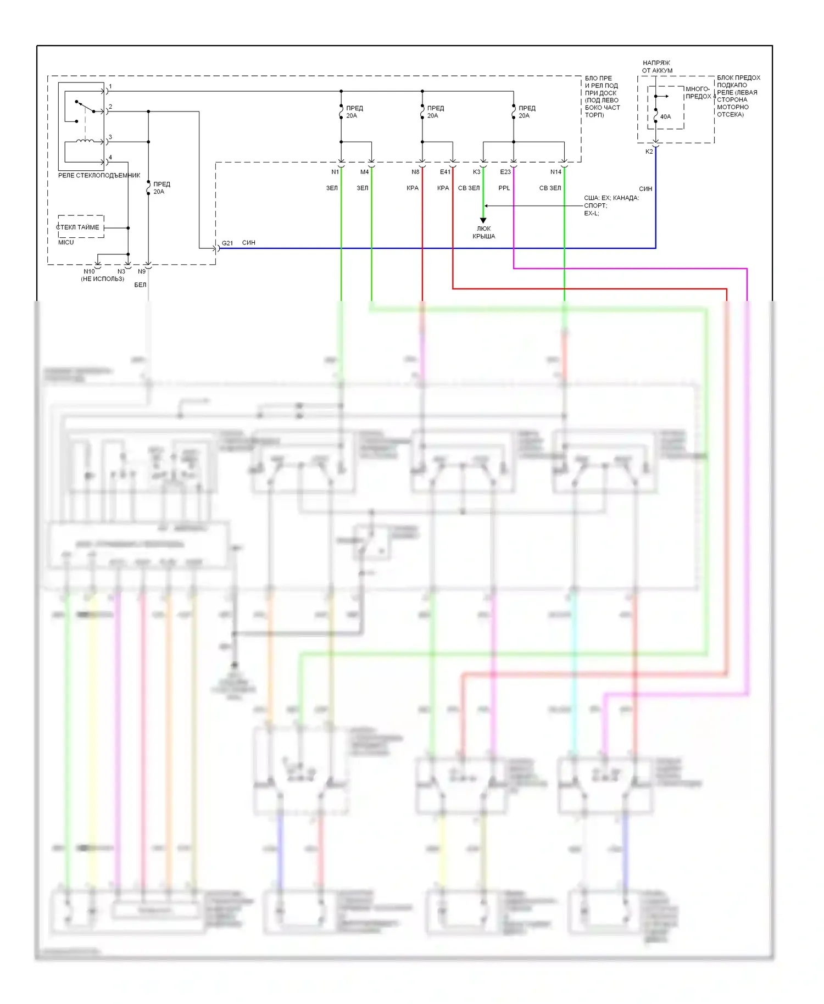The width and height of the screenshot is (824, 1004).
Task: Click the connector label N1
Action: tap(335, 172)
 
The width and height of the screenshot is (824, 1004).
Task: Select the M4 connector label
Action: tap(364, 172)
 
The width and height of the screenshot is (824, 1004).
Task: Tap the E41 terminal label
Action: tap(445, 172)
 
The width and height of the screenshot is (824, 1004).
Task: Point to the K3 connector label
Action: tap(476, 172)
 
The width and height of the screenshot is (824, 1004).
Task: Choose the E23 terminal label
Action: tap(505, 172)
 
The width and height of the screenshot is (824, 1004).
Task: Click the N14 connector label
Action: tap(555, 172)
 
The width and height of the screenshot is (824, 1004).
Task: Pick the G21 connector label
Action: tap(227, 243)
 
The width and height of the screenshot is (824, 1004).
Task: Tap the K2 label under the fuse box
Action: tap(649, 152)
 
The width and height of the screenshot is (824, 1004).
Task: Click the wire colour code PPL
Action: tap(504, 188)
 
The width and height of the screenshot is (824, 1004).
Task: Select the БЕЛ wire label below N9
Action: tap(140, 285)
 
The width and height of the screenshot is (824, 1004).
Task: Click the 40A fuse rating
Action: tap(665, 116)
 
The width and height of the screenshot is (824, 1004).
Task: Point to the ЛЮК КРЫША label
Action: tap(483, 232)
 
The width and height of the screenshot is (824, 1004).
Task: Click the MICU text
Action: tap(66, 242)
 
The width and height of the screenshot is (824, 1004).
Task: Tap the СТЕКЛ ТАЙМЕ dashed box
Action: tap(80, 227)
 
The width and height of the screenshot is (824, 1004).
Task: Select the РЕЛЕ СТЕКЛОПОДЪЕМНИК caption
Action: tap(99, 175)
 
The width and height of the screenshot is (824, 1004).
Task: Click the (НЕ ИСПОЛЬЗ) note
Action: tap(103, 279)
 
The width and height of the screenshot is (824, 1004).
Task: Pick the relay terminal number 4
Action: tap(110, 158)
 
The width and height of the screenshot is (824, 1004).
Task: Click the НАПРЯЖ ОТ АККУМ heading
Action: tap(657, 66)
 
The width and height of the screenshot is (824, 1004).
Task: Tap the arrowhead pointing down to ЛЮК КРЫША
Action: tap(483, 220)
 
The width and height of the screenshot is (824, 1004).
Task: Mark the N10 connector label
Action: tap(89, 271)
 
